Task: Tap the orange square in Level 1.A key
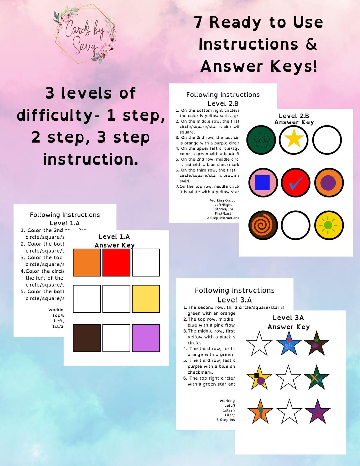click(x=87, y=262)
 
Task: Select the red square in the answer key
click(x=116, y=262)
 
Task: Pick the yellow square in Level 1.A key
click(x=146, y=299)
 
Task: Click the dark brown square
click(x=87, y=338)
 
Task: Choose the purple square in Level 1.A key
click(x=146, y=338)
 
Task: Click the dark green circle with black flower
click(x=261, y=140)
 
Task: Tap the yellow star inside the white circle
click(x=294, y=139)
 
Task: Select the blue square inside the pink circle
click(x=262, y=183)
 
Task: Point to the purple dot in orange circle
click(x=328, y=183)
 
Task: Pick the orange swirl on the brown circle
click(x=263, y=225)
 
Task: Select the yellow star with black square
click(x=259, y=378)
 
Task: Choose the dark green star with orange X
click(x=316, y=378)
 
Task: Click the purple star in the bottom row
click(x=317, y=412)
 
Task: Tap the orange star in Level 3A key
click(x=260, y=412)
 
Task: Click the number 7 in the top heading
click(x=198, y=22)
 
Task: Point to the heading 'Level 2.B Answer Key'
click(x=294, y=119)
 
